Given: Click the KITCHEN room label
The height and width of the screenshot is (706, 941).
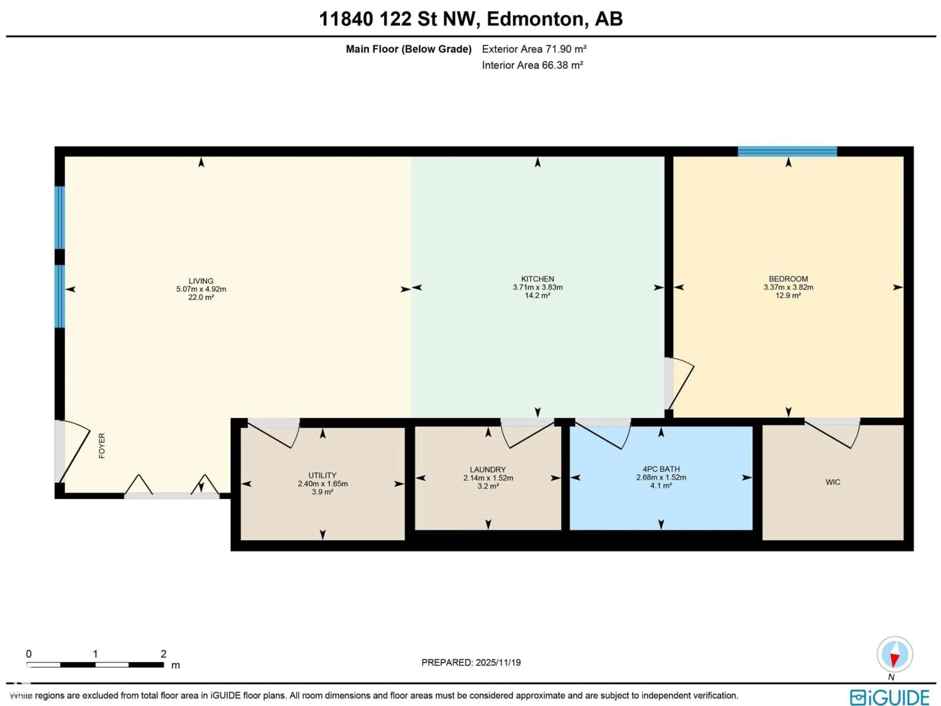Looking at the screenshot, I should (537, 279).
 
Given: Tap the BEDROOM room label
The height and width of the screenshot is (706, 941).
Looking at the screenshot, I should (788, 279).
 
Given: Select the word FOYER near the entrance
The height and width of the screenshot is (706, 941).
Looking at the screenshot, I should (102, 446).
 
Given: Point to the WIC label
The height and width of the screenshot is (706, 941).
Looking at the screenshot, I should (832, 482).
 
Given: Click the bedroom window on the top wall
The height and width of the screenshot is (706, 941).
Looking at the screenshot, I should (787, 151).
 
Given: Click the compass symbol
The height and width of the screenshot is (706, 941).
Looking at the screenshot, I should (895, 654).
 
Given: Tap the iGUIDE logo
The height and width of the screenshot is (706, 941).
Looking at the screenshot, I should (889, 697).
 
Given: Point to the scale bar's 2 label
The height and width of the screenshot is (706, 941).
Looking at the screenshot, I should (163, 654).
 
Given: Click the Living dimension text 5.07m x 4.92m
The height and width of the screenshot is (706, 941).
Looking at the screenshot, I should (201, 289).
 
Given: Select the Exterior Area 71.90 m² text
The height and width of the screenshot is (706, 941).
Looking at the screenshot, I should (534, 49).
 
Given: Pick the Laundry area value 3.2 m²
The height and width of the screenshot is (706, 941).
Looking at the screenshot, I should (488, 486).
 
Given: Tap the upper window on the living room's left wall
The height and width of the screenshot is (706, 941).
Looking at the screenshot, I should (60, 217).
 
